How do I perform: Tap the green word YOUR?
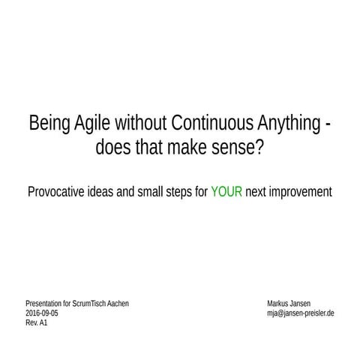click(x=226, y=191)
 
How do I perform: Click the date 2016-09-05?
click(x=42, y=313)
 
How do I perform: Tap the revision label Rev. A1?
click(x=37, y=322)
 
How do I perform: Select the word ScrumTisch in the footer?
click(x=87, y=303)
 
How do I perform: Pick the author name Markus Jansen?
click(x=289, y=303)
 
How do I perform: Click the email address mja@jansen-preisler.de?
click(x=300, y=313)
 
